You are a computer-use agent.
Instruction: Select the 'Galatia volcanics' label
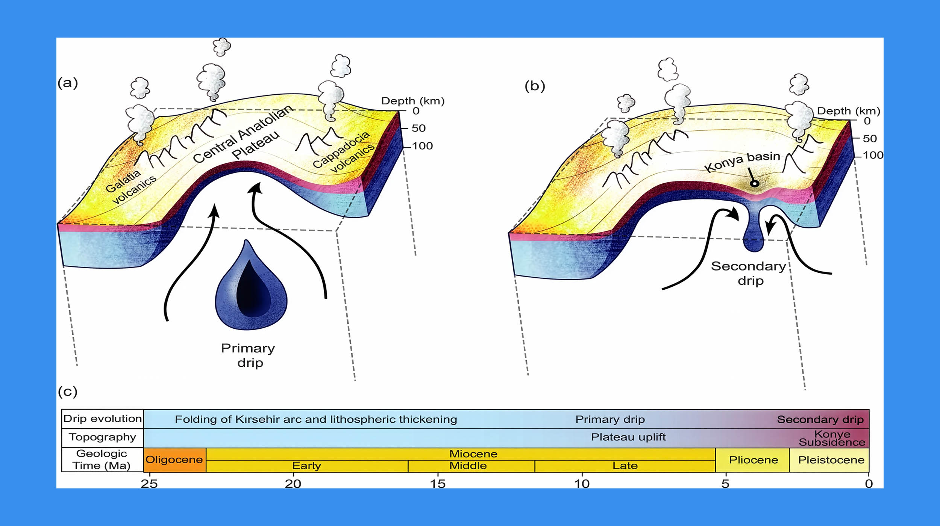coord(130,186)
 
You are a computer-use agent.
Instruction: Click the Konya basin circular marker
coord(754,184)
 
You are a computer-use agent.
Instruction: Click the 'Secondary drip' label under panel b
coord(749,273)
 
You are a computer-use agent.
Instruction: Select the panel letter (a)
coord(68,83)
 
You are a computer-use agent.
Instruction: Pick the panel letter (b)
coord(535,86)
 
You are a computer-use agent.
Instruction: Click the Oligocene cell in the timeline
coord(174,459)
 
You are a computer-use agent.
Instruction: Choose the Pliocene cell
coord(753,460)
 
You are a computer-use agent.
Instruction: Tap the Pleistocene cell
coord(831,460)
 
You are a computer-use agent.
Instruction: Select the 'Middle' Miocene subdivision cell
coord(468,466)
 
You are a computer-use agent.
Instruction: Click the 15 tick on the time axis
coord(438,484)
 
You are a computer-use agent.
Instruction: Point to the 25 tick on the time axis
coord(149,484)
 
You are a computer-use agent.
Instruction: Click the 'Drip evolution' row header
coord(102,419)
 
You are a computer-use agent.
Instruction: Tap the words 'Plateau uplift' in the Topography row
coord(628,437)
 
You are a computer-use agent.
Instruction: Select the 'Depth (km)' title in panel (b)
coord(849,111)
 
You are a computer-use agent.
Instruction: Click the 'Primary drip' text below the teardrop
coord(248,355)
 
